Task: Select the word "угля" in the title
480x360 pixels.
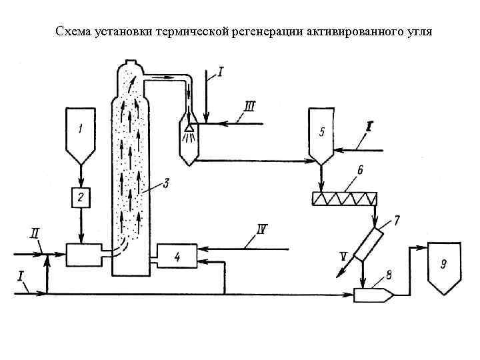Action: click(x=417, y=31)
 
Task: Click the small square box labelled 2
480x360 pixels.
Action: click(x=81, y=197)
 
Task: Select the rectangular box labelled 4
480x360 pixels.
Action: click(x=176, y=257)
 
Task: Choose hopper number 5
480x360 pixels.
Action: click(x=322, y=137)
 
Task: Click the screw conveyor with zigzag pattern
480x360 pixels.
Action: click(x=345, y=197)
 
